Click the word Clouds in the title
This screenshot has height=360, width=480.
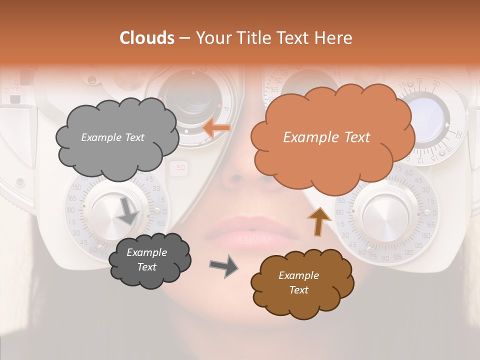(x=147, y=38)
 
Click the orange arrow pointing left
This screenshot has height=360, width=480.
(x=216, y=128)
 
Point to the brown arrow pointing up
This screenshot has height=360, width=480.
(x=318, y=221)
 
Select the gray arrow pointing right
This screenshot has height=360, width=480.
(x=223, y=265)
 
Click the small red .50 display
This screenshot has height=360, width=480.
(x=179, y=168)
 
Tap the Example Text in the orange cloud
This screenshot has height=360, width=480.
(x=326, y=137)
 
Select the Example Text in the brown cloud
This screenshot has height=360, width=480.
(x=298, y=282)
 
